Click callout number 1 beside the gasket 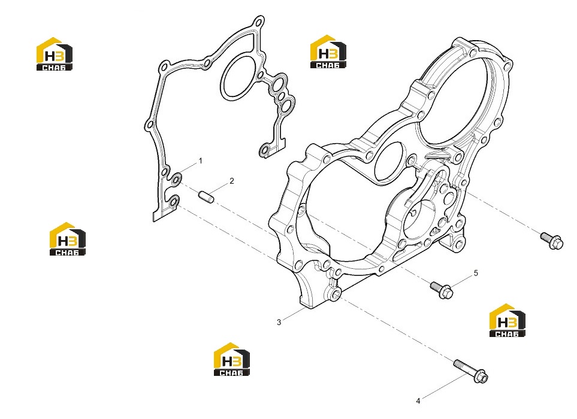pos(201,160)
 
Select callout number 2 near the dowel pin pos(232,181)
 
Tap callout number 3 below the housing pos(279,323)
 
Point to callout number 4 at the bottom pos(418,401)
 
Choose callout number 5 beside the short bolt pos(476,273)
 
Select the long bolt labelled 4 pos(471,371)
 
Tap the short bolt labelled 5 pos(442,289)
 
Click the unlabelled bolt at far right pos(552,241)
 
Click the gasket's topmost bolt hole pos(259,22)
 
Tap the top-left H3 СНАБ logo pos(55,54)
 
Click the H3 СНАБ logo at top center pos(328,52)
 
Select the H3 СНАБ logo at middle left pos(68,239)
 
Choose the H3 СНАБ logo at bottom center pos(232,359)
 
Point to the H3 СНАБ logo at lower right pos(507,320)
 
